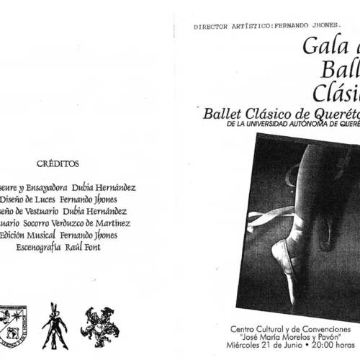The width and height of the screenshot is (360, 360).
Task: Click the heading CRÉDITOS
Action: (x=58, y=163)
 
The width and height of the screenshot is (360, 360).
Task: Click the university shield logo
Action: (x=12, y=325)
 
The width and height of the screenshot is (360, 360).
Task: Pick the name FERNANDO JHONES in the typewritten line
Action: (x=297, y=27)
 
